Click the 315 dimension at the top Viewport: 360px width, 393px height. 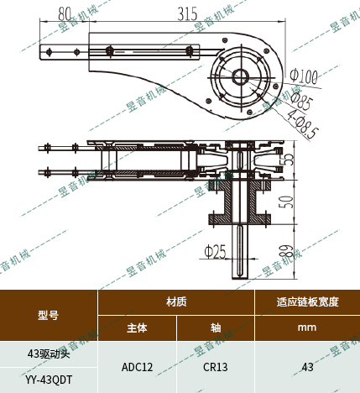tap(187, 13)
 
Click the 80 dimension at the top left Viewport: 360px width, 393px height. tap(65, 13)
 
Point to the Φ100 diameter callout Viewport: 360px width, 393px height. tap(302, 76)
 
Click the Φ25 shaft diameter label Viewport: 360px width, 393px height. tap(216, 250)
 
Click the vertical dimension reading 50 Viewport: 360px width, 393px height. tap(286, 202)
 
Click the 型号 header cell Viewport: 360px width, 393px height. tap(49, 315)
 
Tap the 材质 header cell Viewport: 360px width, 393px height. tap(176, 301)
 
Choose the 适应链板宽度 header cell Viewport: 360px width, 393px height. tap(307, 301)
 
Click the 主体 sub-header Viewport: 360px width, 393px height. tap(137, 327)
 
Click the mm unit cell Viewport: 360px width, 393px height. tap(307, 327)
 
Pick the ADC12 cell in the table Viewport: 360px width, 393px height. tap(137, 367)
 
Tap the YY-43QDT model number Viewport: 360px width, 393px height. tap(49, 380)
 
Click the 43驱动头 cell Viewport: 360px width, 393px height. tap(49, 354)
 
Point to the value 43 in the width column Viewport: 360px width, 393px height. tap(307, 367)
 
